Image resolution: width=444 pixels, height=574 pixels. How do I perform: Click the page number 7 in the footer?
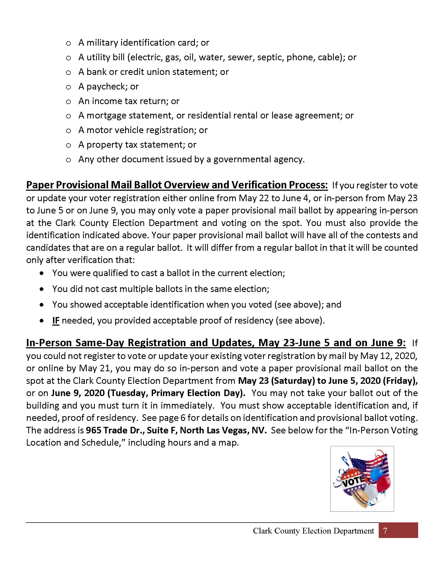[385, 531]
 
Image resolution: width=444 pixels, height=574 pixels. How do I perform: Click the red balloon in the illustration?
[383, 484]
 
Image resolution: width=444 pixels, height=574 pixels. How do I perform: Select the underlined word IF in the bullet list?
[56, 321]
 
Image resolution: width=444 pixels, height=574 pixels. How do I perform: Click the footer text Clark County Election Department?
[313, 531]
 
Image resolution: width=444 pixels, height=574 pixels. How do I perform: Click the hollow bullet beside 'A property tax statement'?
[68, 145]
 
